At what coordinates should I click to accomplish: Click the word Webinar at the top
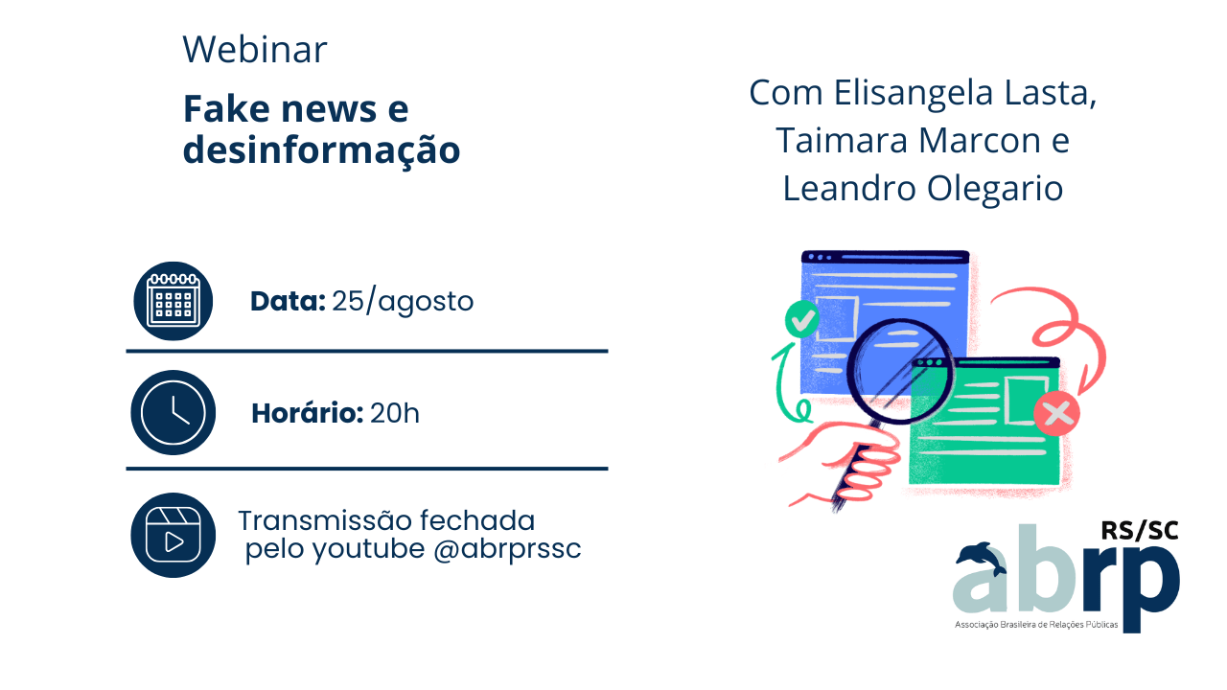[x=255, y=49]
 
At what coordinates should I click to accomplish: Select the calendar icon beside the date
[x=174, y=301]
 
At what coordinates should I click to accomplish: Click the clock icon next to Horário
[x=174, y=412]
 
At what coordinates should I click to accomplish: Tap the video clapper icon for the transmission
[x=174, y=535]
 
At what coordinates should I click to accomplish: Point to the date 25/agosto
[x=403, y=301]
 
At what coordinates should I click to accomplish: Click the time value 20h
[x=395, y=413]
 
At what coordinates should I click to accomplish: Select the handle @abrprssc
[x=507, y=549]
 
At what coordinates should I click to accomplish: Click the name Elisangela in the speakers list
[x=914, y=93]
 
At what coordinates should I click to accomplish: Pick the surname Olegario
[x=995, y=189]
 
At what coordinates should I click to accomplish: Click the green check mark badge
[x=802, y=319]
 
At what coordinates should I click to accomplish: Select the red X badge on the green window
[x=1057, y=413]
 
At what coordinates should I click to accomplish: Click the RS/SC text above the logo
[x=1140, y=531]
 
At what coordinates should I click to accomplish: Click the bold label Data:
[x=289, y=301]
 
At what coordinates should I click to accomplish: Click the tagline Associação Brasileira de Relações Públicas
[x=1036, y=624]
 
